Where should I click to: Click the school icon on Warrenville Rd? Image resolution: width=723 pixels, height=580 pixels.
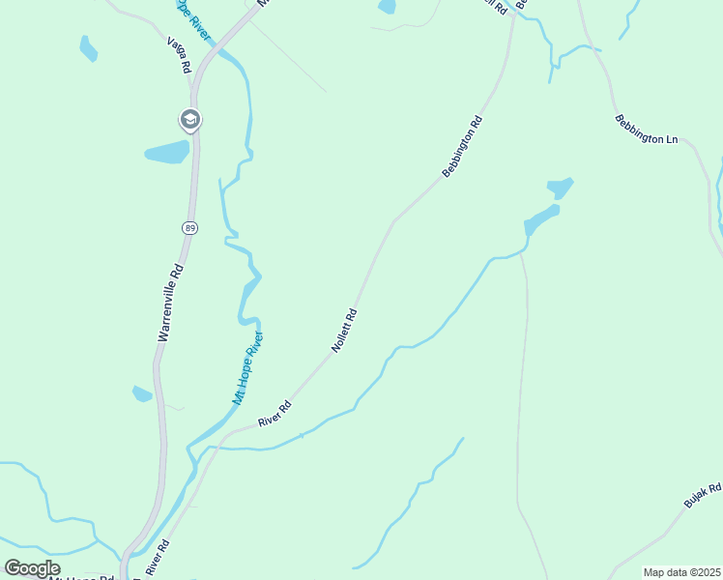(x=189, y=120)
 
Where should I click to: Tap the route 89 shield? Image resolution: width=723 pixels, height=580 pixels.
(x=188, y=227)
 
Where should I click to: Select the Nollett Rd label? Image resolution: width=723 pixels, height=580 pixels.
(x=345, y=330)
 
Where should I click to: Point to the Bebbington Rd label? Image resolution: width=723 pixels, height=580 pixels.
(x=462, y=147)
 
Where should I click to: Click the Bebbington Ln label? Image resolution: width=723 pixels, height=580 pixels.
(x=646, y=130)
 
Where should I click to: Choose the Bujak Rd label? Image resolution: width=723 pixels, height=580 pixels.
(x=703, y=497)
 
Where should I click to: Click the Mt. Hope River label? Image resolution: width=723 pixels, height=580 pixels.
(x=247, y=368)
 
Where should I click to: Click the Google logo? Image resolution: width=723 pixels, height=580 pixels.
(x=32, y=567)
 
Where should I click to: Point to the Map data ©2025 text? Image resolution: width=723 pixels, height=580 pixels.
(x=680, y=572)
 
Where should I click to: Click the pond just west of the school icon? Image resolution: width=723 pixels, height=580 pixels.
(x=167, y=152)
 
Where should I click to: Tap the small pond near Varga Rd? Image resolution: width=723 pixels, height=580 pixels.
(x=88, y=47)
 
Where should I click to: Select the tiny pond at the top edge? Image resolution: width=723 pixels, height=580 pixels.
(x=387, y=6)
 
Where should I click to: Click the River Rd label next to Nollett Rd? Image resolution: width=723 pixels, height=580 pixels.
(x=275, y=416)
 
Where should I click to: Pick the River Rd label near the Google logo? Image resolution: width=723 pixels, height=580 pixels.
(x=158, y=560)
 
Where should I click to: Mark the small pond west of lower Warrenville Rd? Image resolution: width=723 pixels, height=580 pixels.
(x=142, y=393)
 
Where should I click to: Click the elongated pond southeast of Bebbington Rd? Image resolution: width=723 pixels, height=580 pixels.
(x=541, y=219)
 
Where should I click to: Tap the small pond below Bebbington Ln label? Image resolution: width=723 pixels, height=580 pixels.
(x=560, y=187)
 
